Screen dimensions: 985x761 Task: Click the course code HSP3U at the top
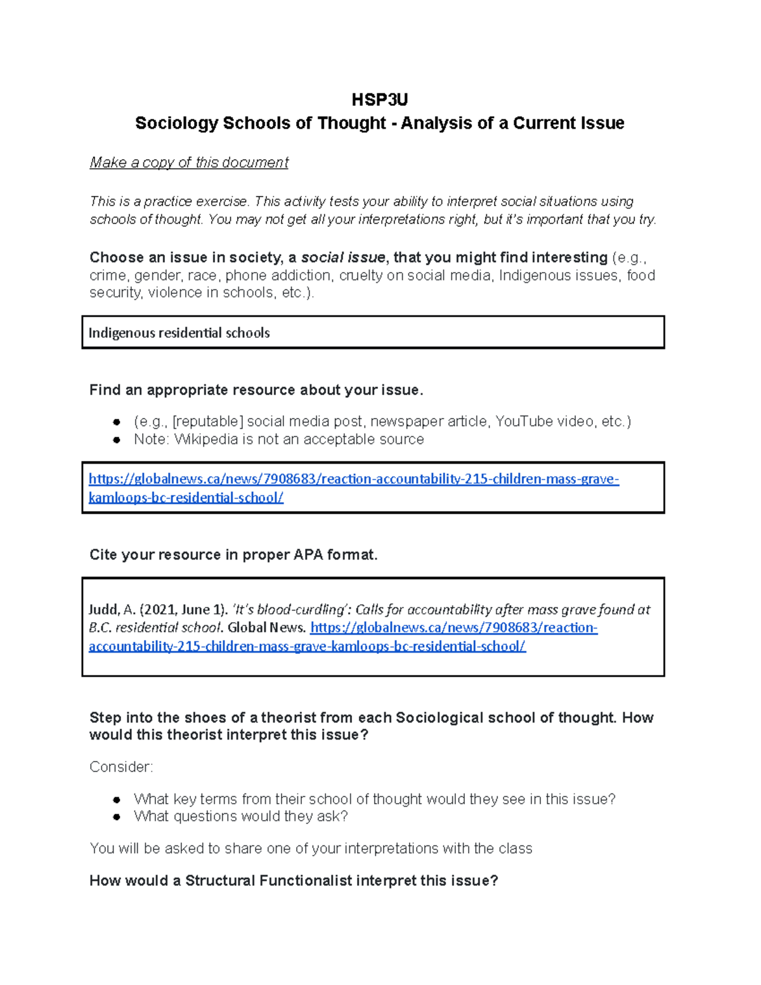(379, 100)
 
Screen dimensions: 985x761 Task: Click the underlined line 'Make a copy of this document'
(189, 162)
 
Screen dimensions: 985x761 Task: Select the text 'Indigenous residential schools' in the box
(179, 333)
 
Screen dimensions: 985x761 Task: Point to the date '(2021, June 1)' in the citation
(183, 610)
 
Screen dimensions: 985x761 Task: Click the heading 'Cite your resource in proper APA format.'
(233, 555)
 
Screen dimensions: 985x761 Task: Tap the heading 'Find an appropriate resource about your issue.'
(256, 390)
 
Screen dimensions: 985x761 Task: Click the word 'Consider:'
(121, 767)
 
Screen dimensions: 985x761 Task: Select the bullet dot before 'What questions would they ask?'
(117, 817)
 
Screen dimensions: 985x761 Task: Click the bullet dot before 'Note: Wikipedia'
(117, 440)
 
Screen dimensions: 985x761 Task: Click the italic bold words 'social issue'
(342, 258)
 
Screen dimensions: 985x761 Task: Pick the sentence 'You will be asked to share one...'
(311, 849)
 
